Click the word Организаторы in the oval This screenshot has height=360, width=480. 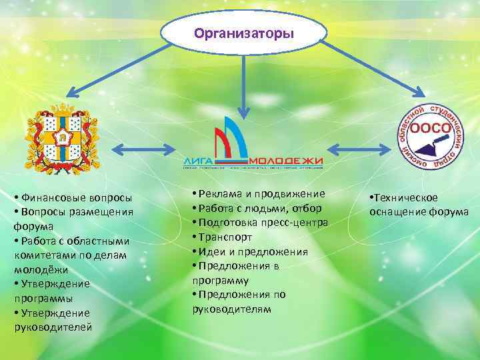(244, 32)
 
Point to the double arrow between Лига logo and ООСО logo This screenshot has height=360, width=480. (359, 148)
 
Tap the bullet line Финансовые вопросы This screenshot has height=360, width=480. (73, 198)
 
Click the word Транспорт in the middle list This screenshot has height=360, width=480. (227, 237)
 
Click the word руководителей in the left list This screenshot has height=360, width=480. (53, 327)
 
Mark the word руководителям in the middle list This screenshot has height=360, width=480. (232, 309)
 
